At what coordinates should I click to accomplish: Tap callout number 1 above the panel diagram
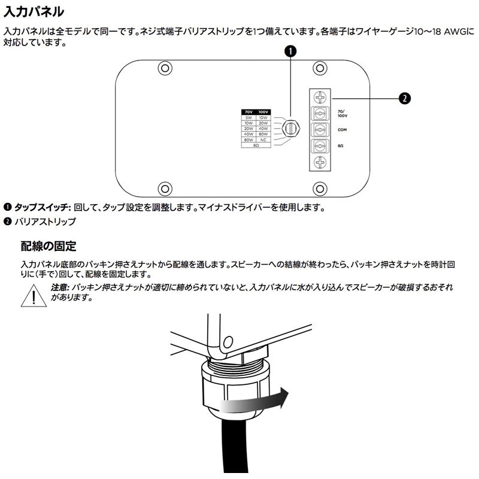click(290, 51)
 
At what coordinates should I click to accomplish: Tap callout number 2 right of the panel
click(405, 98)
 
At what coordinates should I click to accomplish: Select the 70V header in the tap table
click(249, 112)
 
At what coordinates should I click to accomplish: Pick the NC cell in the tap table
click(263, 140)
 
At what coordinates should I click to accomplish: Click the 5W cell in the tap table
click(249, 118)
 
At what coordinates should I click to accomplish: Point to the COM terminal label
click(342, 129)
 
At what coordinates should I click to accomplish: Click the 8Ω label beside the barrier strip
click(341, 145)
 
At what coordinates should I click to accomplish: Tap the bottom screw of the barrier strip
click(320, 162)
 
